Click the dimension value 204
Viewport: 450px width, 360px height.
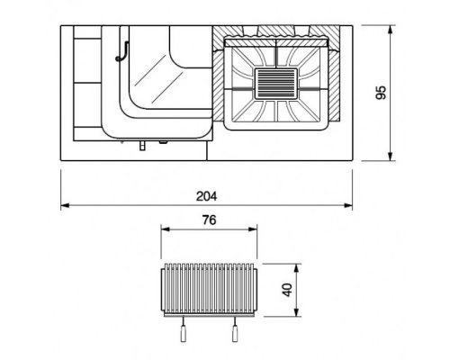[206, 196]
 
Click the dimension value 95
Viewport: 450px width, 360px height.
[381, 93]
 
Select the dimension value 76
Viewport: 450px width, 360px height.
[209, 220]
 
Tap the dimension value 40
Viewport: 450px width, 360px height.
[287, 290]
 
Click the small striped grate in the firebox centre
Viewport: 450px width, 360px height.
[276, 84]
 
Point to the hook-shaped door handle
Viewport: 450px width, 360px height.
[122, 51]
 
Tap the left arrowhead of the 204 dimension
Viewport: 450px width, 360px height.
[65, 205]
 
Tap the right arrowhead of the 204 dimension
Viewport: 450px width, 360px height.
[348, 205]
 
